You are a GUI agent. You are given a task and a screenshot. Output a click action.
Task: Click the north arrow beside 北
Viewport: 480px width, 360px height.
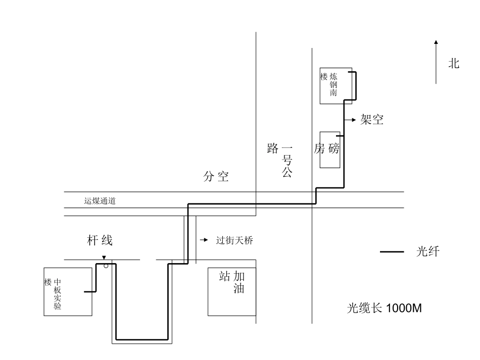[436, 62]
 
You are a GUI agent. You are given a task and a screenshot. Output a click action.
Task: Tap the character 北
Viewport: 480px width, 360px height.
[454, 63]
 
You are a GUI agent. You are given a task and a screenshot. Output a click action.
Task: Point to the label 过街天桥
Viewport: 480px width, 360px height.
[234, 240]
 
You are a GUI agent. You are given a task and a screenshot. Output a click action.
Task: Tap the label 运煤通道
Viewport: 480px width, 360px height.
[100, 201]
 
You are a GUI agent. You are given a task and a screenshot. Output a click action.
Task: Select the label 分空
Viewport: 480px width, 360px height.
[216, 177]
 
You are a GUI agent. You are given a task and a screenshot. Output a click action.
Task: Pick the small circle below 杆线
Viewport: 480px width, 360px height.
[106, 266]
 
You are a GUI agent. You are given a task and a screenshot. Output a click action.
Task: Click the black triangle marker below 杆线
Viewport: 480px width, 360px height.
[104, 258]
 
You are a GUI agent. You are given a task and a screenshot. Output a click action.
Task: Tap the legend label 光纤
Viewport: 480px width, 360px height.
[427, 252]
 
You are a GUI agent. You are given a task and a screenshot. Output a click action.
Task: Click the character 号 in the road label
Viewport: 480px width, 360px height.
[287, 162]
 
